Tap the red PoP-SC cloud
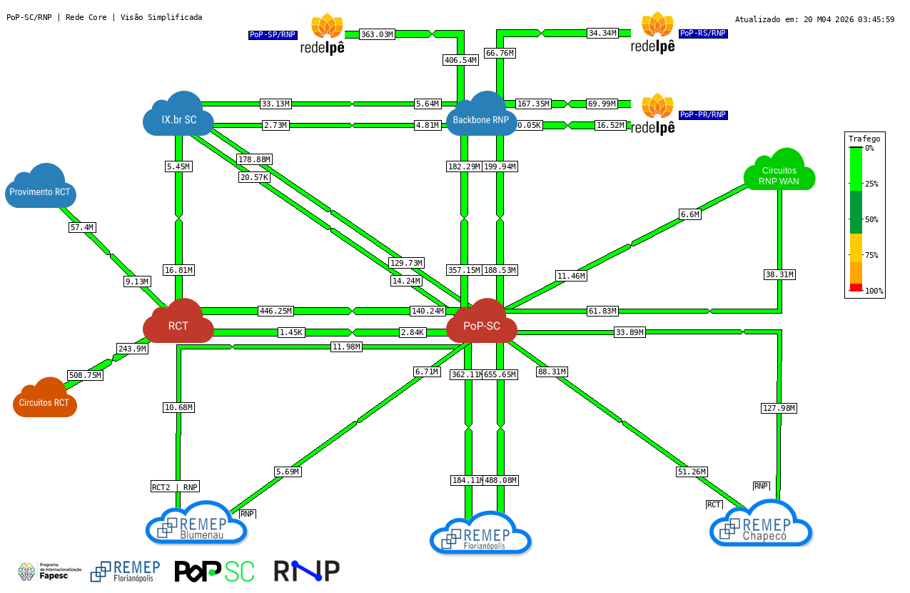tap(481, 322)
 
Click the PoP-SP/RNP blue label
tap(273, 35)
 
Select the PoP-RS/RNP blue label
tap(703, 33)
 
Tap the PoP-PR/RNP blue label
tap(703, 115)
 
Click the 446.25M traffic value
tap(275, 311)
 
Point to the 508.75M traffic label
tap(85, 375)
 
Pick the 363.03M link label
tap(377, 34)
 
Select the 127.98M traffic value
tap(778, 408)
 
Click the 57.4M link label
tap(82, 227)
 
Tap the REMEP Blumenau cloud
tap(196, 524)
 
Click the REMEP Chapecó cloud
tap(761, 524)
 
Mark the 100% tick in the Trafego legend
tap(874, 291)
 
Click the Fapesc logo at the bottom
tap(50, 572)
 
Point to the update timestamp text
tap(814, 19)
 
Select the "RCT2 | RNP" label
tap(175, 487)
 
